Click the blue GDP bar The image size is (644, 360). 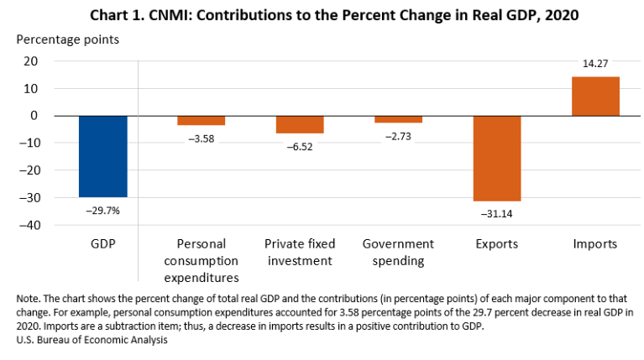[103, 156]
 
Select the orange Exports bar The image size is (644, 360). [497, 159]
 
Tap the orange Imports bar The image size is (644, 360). [595, 97]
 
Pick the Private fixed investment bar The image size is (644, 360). [300, 125]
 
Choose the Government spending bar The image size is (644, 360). [398, 119]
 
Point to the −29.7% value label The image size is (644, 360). [103, 211]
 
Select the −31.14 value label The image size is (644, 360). [497, 215]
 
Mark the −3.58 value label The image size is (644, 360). [202, 138]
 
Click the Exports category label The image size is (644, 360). [497, 244]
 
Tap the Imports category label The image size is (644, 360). [595, 244]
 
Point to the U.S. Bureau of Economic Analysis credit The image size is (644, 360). [90, 339]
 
